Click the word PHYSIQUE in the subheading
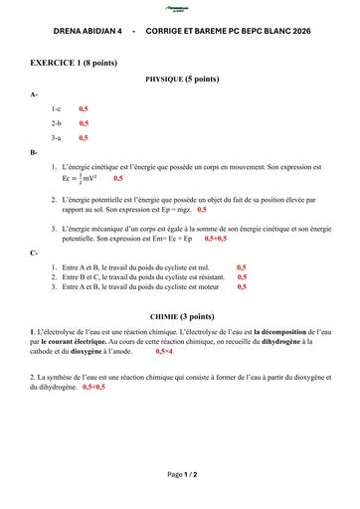(167, 78)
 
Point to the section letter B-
(35, 152)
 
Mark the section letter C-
(35, 252)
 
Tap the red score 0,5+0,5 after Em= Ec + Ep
(216, 240)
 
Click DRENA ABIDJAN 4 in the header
(87, 32)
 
